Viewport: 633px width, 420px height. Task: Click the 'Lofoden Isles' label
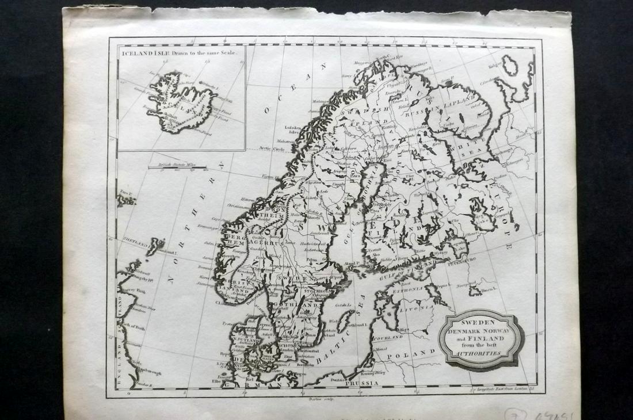point(293,128)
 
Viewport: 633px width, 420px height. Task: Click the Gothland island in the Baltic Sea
point(344,320)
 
